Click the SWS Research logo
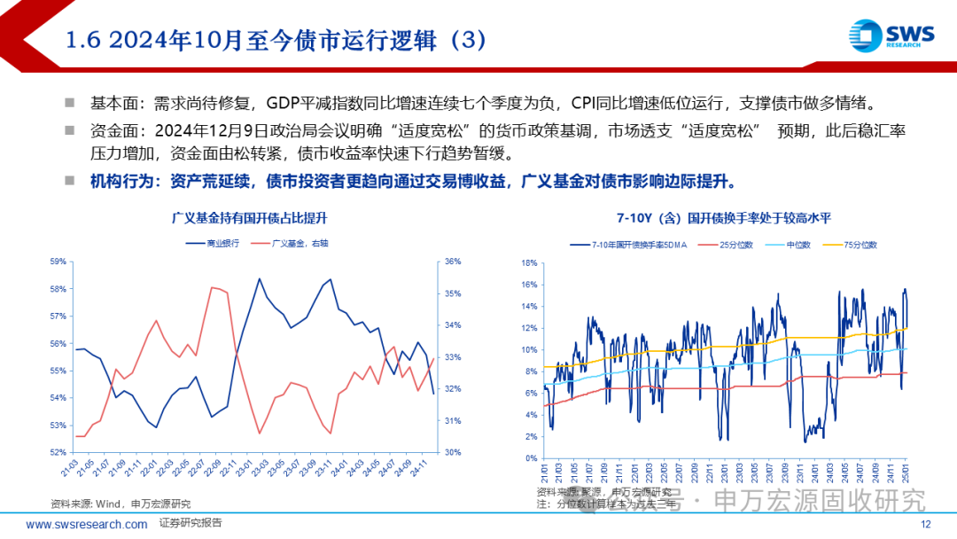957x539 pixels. tap(891, 36)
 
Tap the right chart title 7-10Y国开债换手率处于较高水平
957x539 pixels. tap(725, 217)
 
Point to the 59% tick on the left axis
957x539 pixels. tap(59, 262)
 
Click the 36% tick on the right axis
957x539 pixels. tap(452, 262)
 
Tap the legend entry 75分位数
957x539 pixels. tap(854, 244)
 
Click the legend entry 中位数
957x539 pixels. tap(790, 244)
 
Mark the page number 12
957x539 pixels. tap(926, 524)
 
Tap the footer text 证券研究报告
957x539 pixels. tap(191, 523)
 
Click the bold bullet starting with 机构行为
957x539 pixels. tap(412, 181)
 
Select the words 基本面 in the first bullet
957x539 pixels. tap(109, 103)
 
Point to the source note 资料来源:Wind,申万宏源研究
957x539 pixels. tap(104, 504)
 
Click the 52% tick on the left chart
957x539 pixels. tap(59, 452)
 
